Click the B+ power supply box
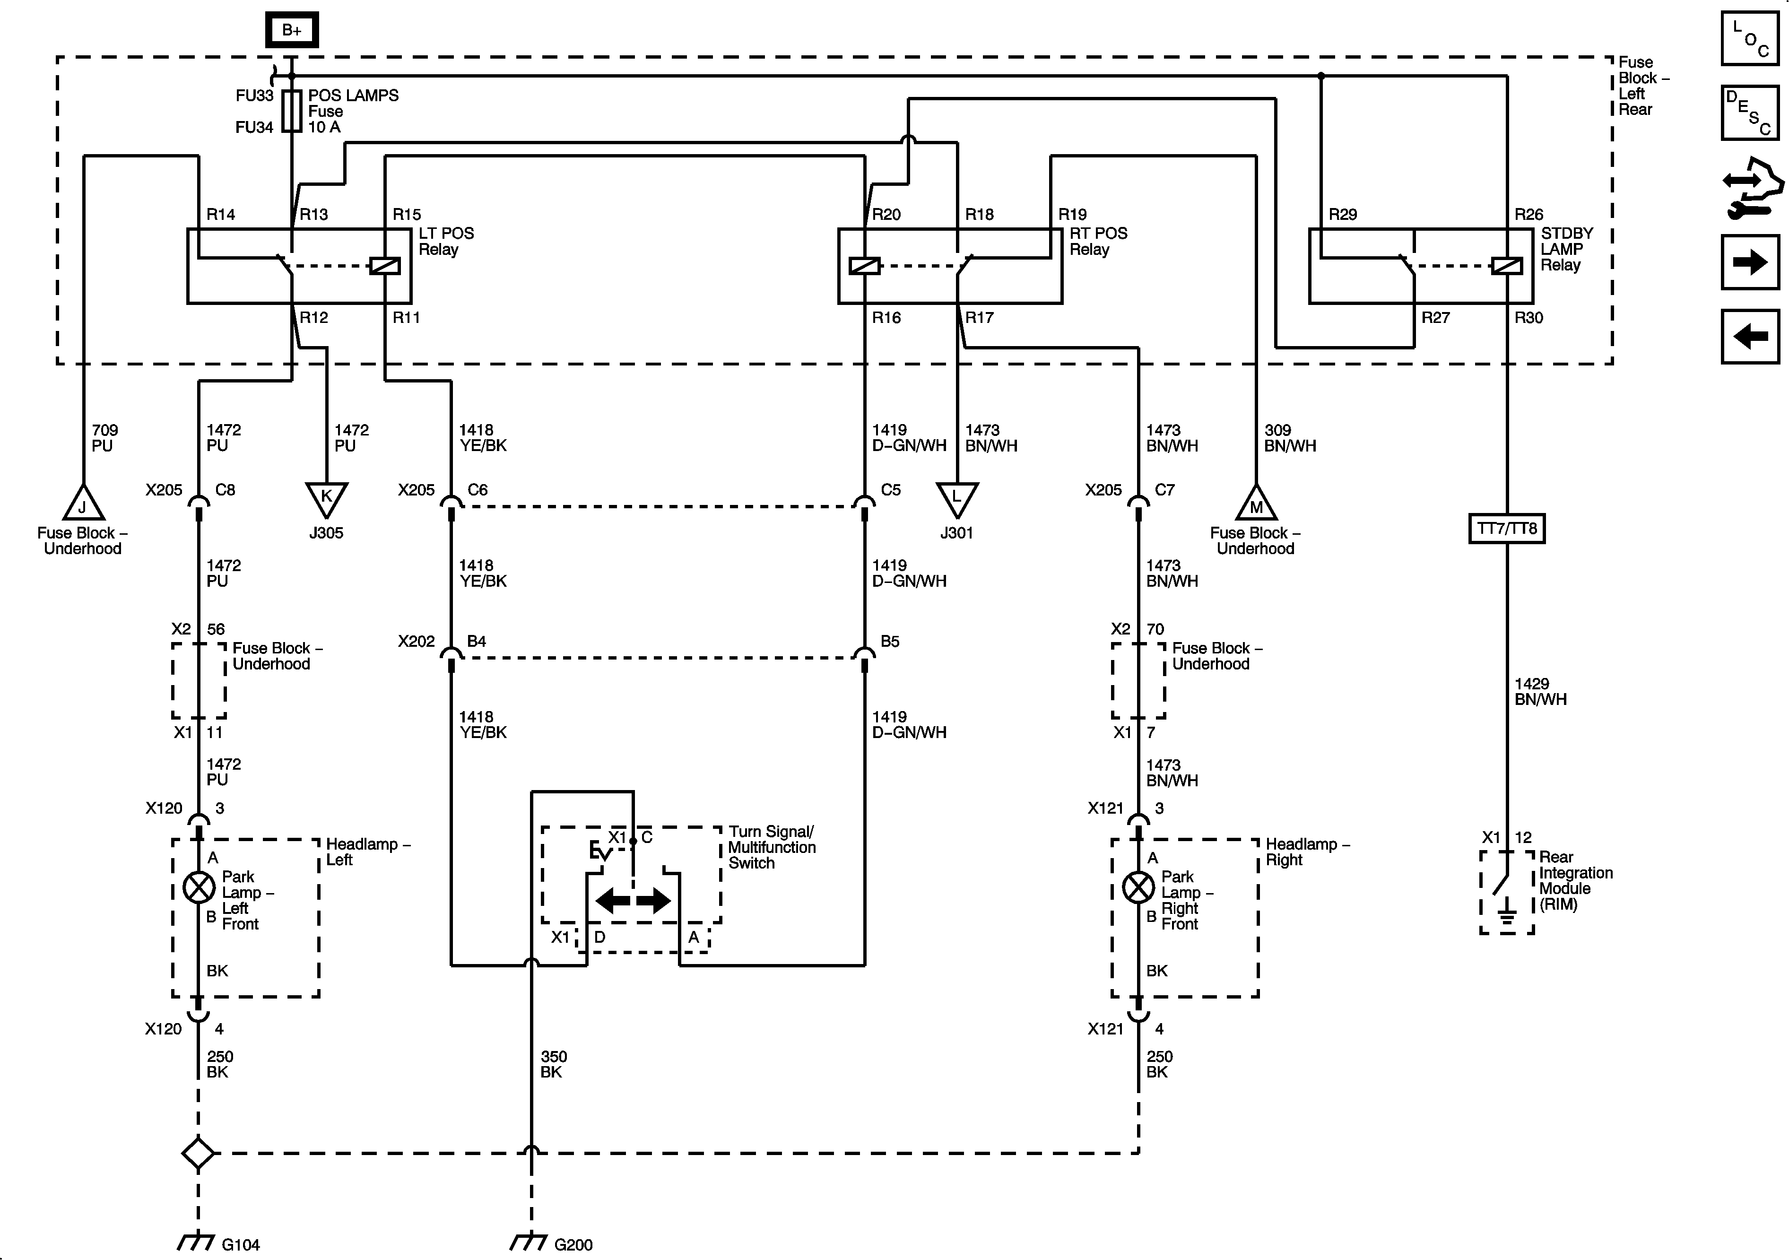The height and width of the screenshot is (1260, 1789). (291, 30)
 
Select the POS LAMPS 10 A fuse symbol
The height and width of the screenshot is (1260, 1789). (291, 111)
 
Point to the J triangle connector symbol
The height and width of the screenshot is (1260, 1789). (83, 504)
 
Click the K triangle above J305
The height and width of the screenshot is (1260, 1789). (327, 497)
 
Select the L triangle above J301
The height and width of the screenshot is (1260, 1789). (957, 497)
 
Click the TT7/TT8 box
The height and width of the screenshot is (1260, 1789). (1507, 528)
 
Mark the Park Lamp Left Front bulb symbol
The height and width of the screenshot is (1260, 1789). (199, 887)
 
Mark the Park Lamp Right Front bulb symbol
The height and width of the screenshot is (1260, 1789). (1138, 887)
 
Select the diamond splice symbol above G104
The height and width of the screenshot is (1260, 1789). (198, 1153)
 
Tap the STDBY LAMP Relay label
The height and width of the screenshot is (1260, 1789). (1566, 249)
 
